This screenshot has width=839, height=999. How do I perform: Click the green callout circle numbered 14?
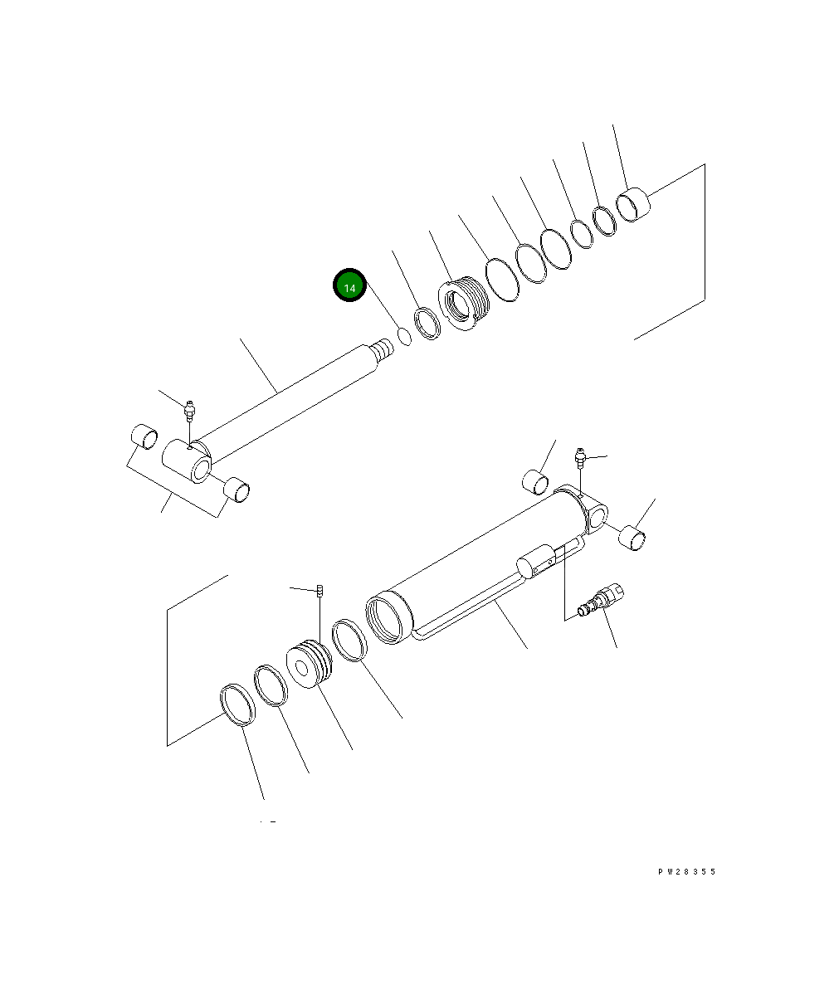click(349, 286)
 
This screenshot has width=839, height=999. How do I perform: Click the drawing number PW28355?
click(686, 872)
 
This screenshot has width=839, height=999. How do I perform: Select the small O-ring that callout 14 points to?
click(404, 336)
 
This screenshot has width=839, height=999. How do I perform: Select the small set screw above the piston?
click(320, 591)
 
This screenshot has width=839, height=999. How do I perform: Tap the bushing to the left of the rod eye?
click(144, 436)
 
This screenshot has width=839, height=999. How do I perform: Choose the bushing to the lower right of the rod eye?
click(240, 490)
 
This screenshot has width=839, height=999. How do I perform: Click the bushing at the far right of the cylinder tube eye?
click(634, 538)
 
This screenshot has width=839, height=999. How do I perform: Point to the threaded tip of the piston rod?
click(383, 348)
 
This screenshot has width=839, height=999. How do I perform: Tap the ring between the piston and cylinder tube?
click(349, 641)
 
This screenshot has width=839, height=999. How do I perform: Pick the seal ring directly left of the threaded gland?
click(427, 322)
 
